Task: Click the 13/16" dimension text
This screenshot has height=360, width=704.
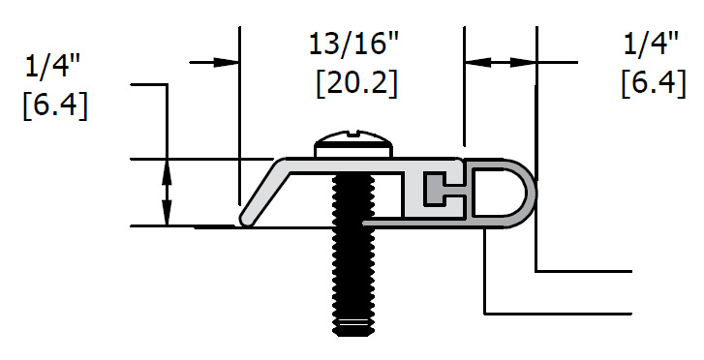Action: [x=353, y=45]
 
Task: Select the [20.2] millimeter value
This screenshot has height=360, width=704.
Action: [x=357, y=83]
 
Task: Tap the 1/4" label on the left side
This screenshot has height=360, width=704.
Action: [x=53, y=68]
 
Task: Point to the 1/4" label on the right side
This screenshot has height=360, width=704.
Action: [x=651, y=45]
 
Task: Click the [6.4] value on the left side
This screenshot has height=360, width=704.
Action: [x=55, y=106]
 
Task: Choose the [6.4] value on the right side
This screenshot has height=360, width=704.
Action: [x=654, y=83]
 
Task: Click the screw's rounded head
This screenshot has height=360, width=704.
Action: [x=353, y=143]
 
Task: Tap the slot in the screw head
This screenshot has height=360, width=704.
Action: [x=353, y=133]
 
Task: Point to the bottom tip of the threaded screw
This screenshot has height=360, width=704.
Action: [x=353, y=333]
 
